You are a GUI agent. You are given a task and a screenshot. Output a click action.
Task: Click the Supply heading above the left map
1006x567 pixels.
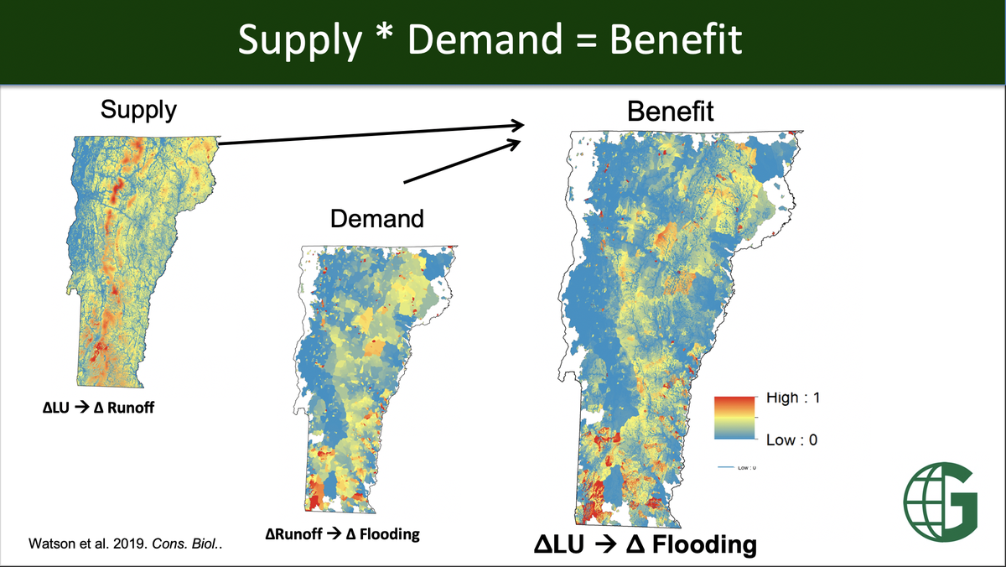138,110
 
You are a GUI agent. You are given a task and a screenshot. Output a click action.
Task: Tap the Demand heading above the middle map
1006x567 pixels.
376,220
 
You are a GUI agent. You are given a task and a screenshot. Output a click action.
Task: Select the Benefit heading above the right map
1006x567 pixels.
671,111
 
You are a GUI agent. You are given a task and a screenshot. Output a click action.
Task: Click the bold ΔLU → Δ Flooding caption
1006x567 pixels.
646,545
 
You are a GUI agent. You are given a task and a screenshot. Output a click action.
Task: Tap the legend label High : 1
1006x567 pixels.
792,398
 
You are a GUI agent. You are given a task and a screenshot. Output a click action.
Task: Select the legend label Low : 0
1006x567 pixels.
791,440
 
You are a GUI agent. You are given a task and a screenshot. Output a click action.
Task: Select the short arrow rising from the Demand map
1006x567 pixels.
459,160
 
